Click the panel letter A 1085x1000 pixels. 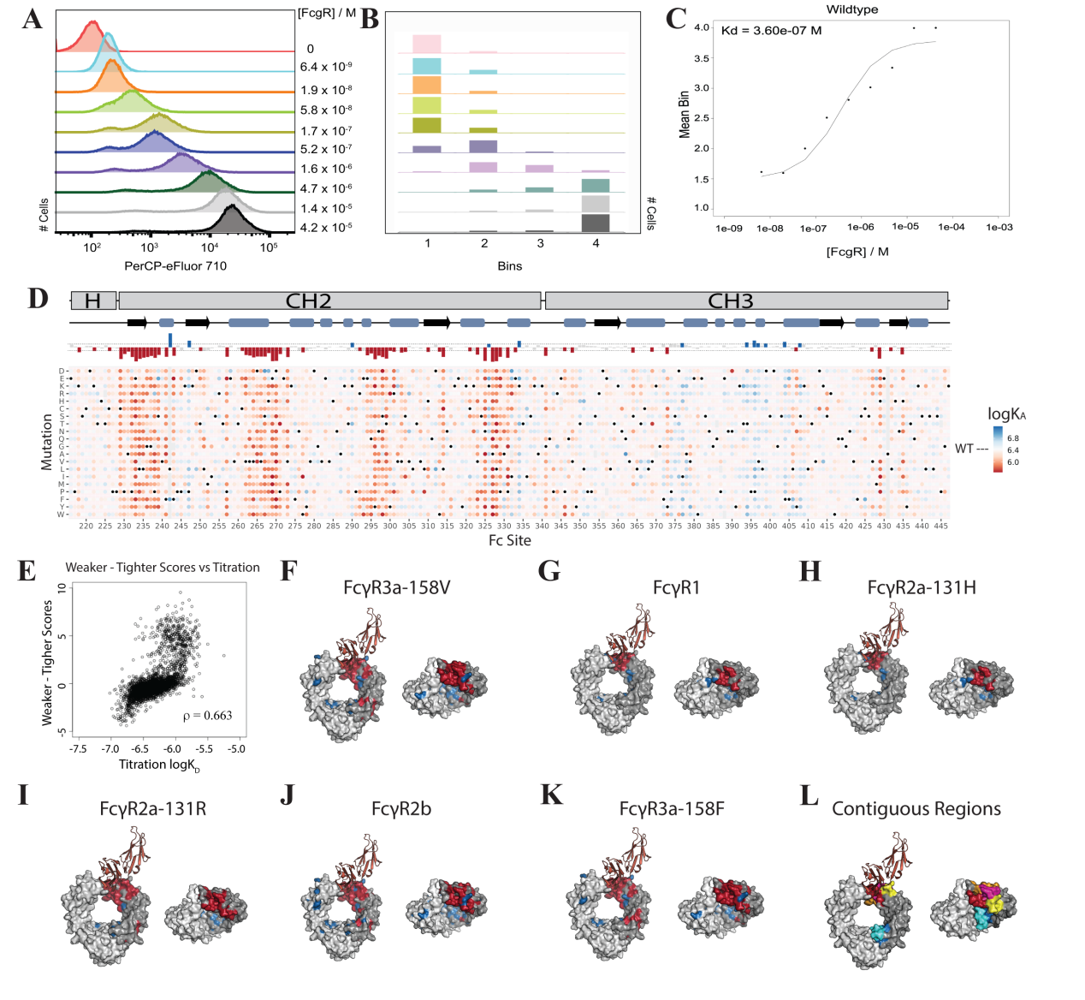pos(33,19)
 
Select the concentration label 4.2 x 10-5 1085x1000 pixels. pos(326,228)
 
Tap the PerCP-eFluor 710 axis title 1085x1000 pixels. pos(175,266)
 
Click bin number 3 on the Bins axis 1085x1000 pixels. pos(540,244)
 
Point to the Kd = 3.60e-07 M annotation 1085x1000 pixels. pos(771,31)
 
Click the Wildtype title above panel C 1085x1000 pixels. pos(851,9)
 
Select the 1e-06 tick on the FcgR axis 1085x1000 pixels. pos(860,228)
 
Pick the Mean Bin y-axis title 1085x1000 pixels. pos(684,115)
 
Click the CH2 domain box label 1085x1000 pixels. pos(308,301)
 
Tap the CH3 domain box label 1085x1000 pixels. pos(730,301)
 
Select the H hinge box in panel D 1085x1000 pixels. pos(92,301)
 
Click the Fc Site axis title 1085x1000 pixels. pos(509,540)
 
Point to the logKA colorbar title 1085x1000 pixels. pos(1006,414)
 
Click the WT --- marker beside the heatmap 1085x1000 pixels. pos(971,449)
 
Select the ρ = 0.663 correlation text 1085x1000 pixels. pos(207,716)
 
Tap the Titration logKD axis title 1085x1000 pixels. pos(159,765)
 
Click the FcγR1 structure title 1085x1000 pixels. pos(676,587)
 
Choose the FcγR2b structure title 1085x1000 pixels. pos(401,809)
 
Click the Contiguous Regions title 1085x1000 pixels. pos(916,809)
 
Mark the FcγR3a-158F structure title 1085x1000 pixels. pos(672,809)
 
